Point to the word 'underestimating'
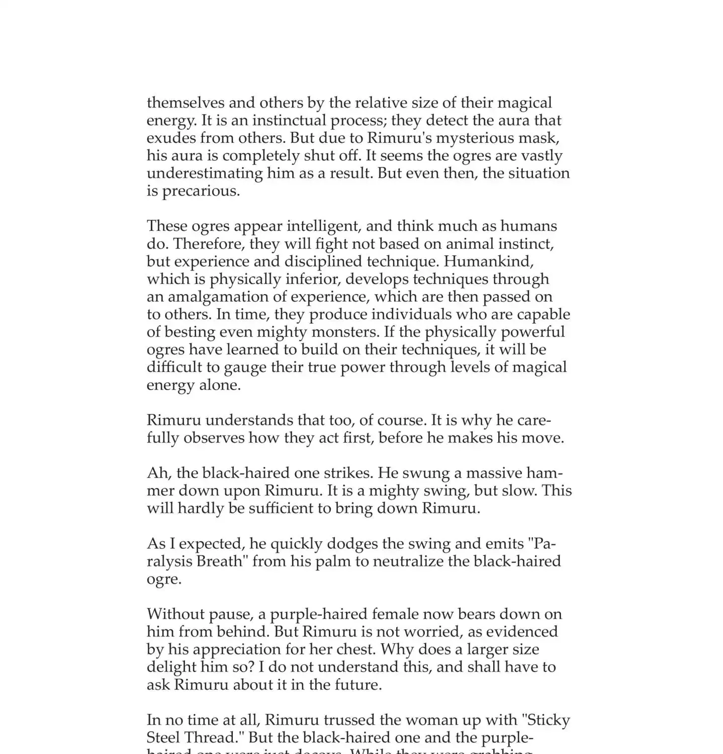click(x=204, y=173)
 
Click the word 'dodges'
click(x=352, y=544)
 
